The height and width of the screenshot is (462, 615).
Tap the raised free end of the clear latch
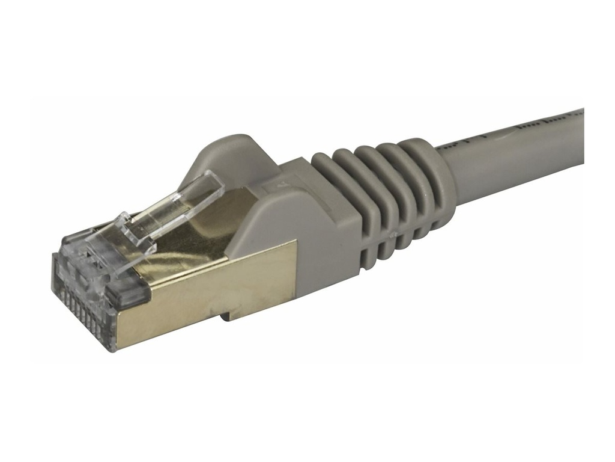[207, 183]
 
